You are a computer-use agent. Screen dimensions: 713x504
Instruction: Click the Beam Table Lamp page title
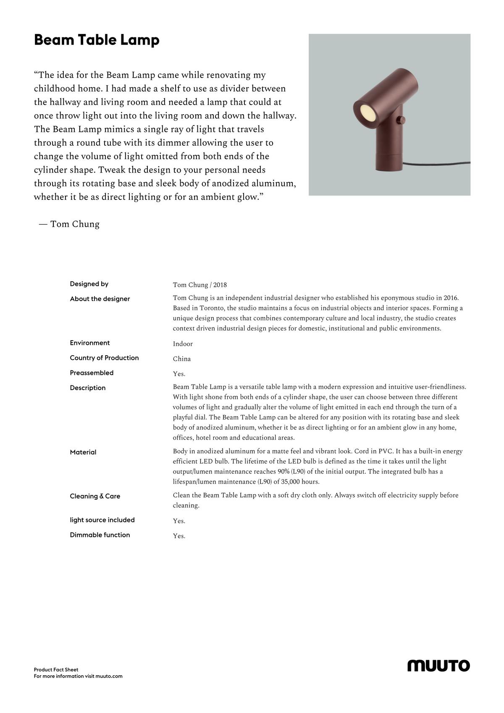[x=97, y=40]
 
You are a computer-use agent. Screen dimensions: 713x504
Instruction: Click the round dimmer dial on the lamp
[x=402, y=120]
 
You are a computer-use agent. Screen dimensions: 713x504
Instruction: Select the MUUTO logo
[x=438, y=666]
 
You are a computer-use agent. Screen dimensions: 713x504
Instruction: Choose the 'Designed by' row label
[x=89, y=284]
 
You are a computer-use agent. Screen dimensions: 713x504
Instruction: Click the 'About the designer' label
[x=100, y=299]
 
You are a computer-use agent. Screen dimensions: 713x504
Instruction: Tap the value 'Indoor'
[x=183, y=344]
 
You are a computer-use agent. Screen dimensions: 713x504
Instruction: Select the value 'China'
[x=182, y=359]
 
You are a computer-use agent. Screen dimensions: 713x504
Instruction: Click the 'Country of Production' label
[x=104, y=358]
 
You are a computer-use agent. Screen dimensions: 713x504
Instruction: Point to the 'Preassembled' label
[x=92, y=373]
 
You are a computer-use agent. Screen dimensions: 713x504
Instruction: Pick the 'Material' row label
[x=83, y=452]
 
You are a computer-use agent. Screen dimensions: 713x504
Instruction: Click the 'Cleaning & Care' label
[x=95, y=496]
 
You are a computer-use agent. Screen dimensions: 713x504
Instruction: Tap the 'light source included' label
[x=102, y=520]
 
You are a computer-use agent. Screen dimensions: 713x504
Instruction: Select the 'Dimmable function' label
[x=100, y=535]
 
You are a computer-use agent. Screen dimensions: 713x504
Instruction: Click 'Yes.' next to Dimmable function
[x=179, y=536]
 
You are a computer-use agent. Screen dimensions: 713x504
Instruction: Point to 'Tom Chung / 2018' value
[x=200, y=285]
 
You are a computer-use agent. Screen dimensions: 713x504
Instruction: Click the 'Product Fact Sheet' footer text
[x=56, y=670]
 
